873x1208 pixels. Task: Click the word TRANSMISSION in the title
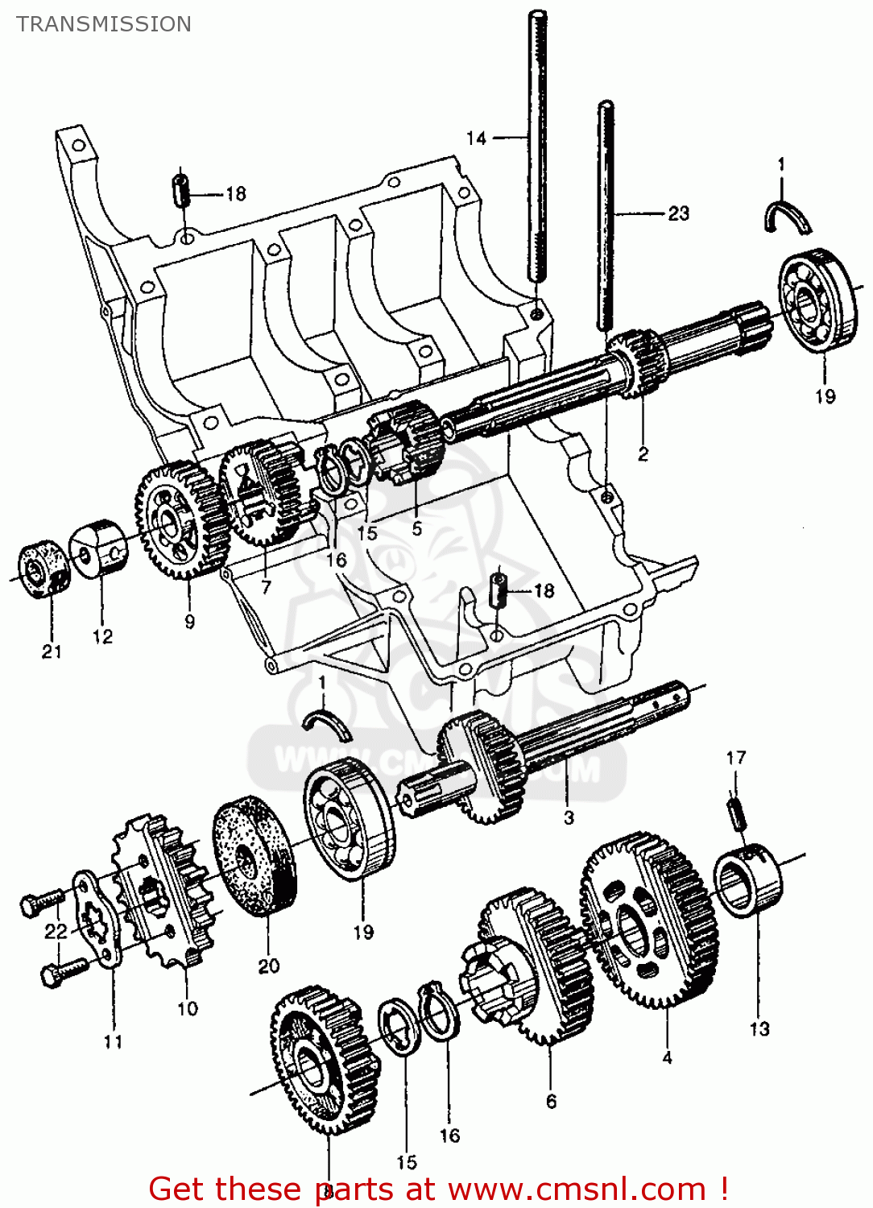point(104,24)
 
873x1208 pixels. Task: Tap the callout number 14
point(477,139)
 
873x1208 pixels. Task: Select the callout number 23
point(678,213)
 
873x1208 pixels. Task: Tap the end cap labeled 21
point(42,571)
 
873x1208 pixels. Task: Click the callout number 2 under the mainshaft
point(643,454)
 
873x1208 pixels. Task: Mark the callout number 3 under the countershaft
point(569,817)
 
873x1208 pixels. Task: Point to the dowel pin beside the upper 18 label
point(182,191)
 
